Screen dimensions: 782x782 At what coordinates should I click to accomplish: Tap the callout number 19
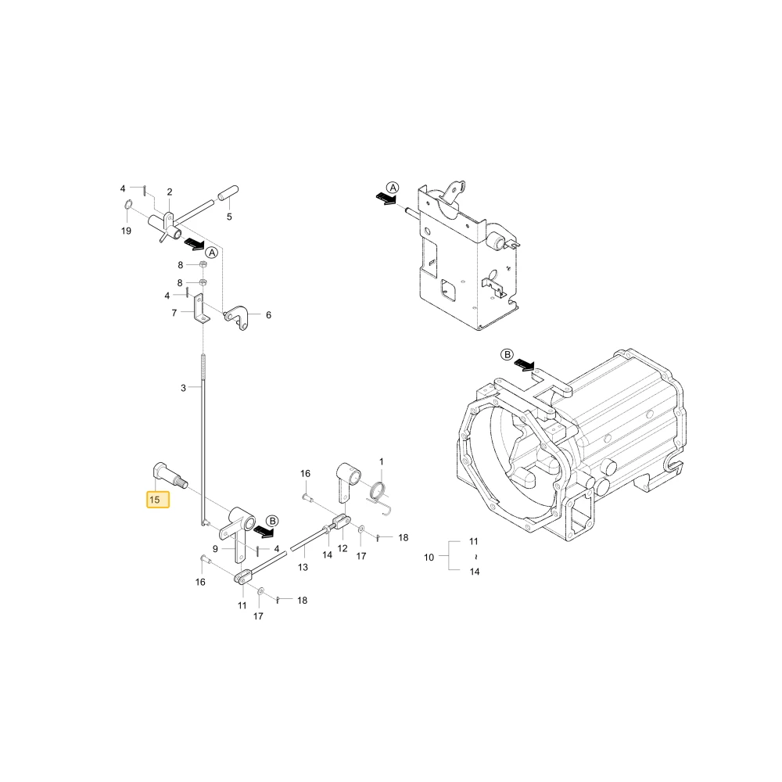(126, 231)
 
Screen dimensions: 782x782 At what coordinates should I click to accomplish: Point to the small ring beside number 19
(127, 204)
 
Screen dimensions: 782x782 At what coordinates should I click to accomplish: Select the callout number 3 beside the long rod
(183, 388)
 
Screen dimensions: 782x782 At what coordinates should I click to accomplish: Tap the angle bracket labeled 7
(201, 309)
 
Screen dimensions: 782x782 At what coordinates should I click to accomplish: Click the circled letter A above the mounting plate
(393, 188)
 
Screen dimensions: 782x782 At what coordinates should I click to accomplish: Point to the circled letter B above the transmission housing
(507, 354)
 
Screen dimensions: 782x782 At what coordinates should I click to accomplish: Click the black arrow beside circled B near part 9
(264, 532)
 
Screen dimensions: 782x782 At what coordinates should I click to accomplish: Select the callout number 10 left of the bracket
(429, 557)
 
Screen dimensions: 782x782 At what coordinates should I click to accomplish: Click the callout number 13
(303, 567)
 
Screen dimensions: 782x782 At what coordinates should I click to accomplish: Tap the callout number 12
(343, 548)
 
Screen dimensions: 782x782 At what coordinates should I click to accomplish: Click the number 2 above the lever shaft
(170, 192)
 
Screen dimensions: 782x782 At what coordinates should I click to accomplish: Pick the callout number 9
(215, 549)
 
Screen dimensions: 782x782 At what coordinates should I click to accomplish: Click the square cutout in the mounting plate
(448, 290)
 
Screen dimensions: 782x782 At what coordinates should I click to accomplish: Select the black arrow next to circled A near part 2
(194, 244)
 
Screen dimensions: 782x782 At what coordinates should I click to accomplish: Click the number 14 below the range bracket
(475, 572)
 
